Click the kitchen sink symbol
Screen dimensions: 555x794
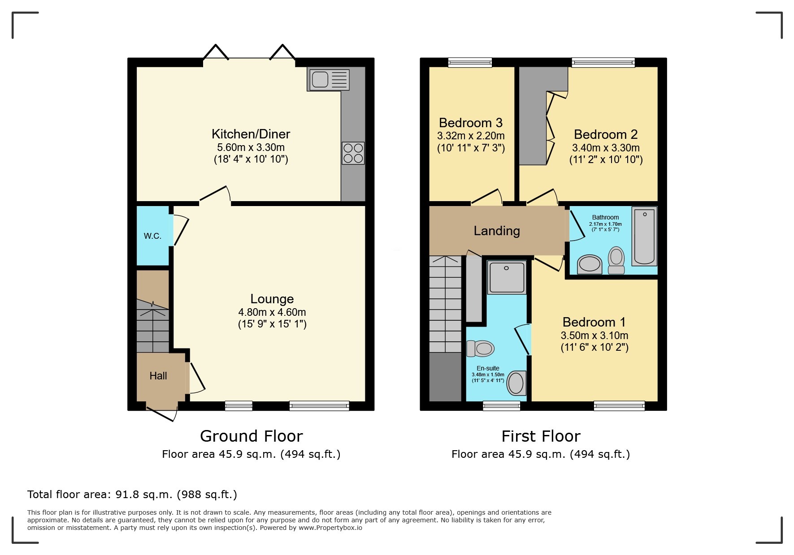point(329,79)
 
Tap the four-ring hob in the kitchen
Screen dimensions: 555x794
point(353,153)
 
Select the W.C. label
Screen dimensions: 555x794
point(152,236)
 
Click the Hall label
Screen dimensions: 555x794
point(158,376)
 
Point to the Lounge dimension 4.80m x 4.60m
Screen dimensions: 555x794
point(272,312)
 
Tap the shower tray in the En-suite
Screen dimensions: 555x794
point(507,277)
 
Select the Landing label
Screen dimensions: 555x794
point(497,231)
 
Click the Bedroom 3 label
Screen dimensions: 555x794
point(470,123)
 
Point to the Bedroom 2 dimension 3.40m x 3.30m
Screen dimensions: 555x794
point(606,148)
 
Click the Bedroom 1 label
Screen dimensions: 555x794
point(594,322)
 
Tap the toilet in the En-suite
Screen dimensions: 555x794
point(480,348)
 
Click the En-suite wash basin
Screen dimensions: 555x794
point(516,383)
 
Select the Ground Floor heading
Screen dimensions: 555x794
point(251,436)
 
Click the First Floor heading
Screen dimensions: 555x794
point(541,436)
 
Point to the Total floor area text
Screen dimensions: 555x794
point(132,495)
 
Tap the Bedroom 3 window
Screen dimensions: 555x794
point(470,62)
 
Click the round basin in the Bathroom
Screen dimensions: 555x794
point(590,264)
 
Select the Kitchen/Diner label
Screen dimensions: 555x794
point(251,134)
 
